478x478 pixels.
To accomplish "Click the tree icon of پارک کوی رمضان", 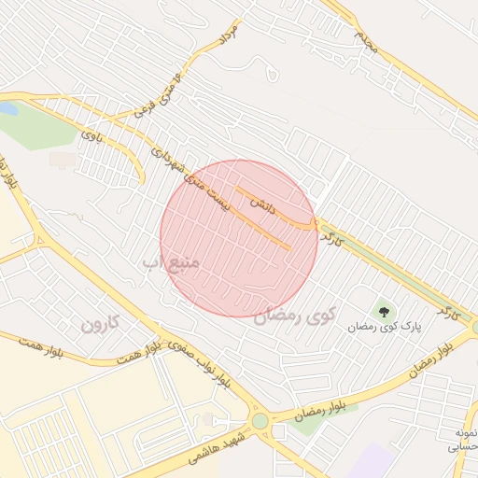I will (x=383, y=310).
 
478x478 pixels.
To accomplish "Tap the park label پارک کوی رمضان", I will (x=386, y=327).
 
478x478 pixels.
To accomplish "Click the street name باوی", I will (x=92, y=135).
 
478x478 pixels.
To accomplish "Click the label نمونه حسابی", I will (x=465, y=440).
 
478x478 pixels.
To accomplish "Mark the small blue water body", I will (x=7, y=109).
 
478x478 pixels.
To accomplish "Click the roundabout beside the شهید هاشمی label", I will (x=260, y=422).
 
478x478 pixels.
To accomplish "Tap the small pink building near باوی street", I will (x=63, y=161).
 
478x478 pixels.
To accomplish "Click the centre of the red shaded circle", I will (x=239, y=238).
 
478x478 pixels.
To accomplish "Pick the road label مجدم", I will (x=365, y=41).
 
